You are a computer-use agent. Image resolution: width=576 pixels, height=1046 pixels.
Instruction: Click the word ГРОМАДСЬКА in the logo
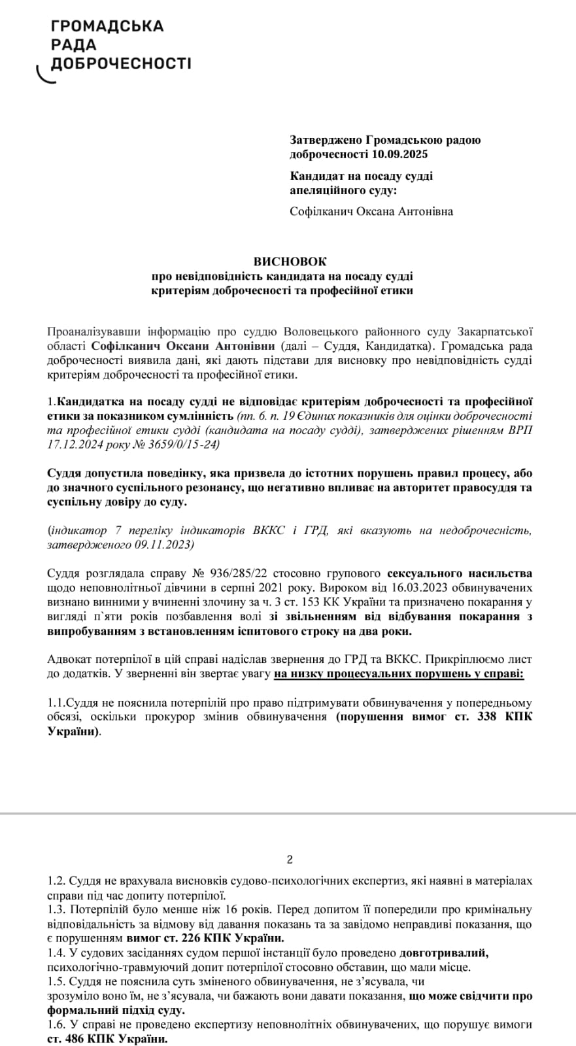(107, 27)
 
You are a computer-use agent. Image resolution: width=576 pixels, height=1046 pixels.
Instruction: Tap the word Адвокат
(69, 660)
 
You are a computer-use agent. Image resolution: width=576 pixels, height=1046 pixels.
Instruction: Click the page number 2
(290, 860)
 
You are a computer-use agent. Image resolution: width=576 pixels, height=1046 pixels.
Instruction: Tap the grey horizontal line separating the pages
(288, 813)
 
